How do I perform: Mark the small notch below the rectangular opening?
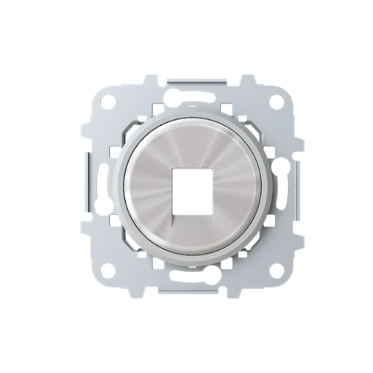(186, 207)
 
